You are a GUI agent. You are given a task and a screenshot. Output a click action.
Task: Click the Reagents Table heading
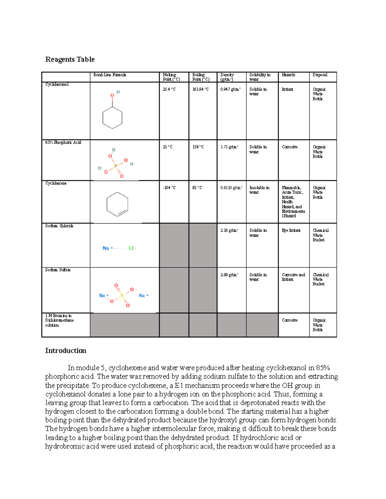pyautogui.click(x=70, y=59)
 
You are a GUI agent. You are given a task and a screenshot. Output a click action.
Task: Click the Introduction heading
pyautogui.click(x=66, y=351)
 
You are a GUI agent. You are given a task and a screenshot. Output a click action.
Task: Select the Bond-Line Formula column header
pyautogui.click(x=110, y=75)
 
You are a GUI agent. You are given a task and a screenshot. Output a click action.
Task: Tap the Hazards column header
pyautogui.click(x=288, y=75)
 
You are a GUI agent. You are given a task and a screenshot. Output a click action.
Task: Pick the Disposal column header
pyautogui.click(x=320, y=75)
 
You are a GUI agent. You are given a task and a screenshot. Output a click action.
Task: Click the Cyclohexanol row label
pyautogui.click(x=57, y=85)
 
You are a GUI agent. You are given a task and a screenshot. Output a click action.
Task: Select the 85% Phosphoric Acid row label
pyautogui.click(x=63, y=142)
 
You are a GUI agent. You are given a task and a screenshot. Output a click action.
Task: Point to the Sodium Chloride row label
pyautogui.click(x=59, y=226)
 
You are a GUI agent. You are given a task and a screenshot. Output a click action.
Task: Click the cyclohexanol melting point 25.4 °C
pyautogui.click(x=169, y=89)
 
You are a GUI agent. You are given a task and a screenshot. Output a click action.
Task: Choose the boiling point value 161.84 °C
pyautogui.click(x=200, y=89)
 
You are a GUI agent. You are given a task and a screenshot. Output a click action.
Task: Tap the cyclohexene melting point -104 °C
pyautogui.click(x=169, y=188)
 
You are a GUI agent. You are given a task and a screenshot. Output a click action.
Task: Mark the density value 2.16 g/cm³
pyautogui.click(x=229, y=230)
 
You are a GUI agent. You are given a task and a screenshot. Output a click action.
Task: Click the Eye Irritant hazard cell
pyautogui.click(x=291, y=230)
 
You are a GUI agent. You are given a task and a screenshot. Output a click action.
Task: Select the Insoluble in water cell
pyautogui.click(x=259, y=190)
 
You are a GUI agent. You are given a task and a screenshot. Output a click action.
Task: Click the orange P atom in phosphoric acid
pyautogui.click(x=116, y=166)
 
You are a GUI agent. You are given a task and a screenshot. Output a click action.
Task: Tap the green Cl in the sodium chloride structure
pyautogui.click(x=131, y=248)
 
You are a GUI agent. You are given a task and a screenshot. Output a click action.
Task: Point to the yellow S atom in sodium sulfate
pyautogui.click(x=122, y=296)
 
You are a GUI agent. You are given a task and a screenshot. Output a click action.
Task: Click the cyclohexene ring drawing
pyautogui.click(x=117, y=204)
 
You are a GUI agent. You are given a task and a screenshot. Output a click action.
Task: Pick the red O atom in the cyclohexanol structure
pyautogui.click(x=112, y=95)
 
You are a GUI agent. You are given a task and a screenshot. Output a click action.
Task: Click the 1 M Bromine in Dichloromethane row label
pyautogui.click(x=59, y=320)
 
